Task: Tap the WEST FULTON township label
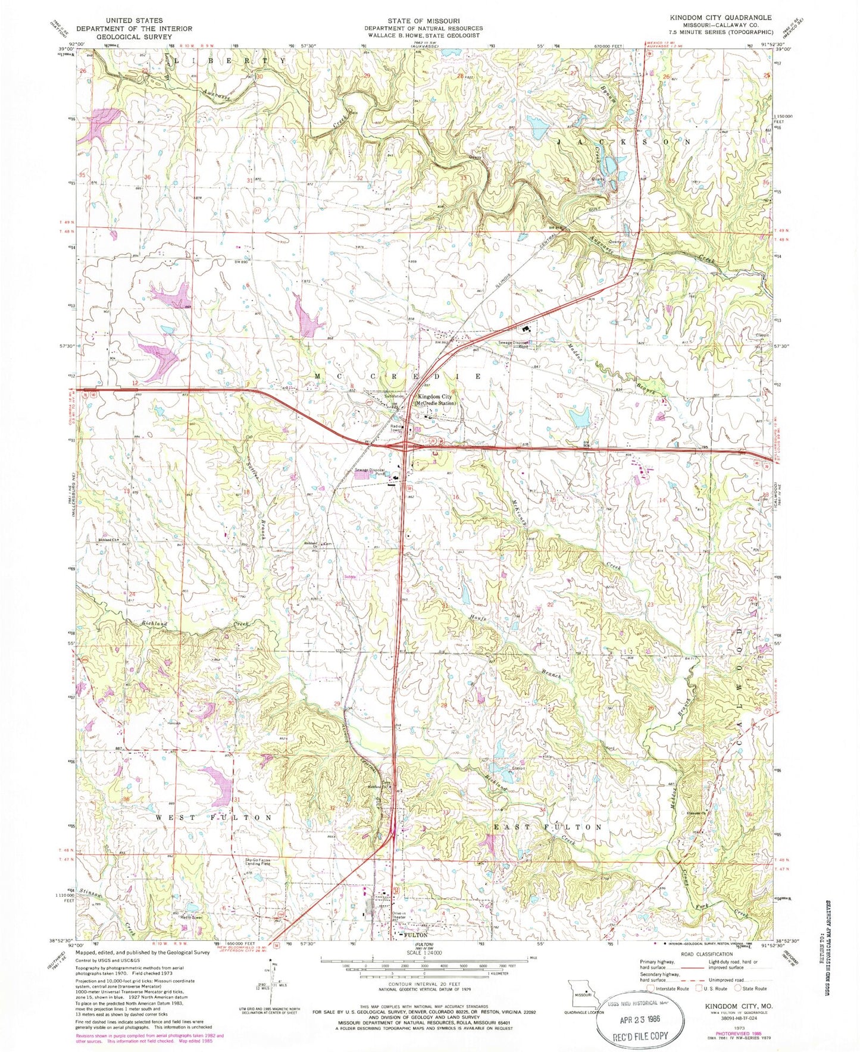(x=215, y=818)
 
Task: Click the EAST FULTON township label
(x=548, y=827)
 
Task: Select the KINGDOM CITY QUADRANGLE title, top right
(x=720, y=18)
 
